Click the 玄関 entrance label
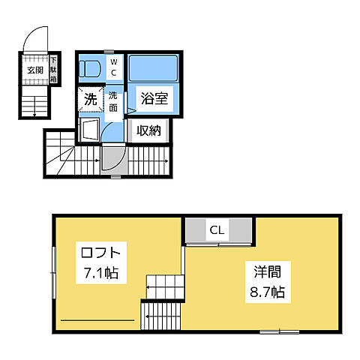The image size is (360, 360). (x=35, y=70)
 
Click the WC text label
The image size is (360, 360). (x=114, y=67)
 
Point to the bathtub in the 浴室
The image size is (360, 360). (x=152, y=68)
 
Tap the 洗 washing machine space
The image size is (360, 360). (x=90, y=98)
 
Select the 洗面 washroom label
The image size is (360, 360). (x=113, y=100)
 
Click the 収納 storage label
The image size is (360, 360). (x=148, y=130)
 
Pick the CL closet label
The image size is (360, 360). (x=217, y=229)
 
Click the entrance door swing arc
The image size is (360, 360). (x=36, y=37)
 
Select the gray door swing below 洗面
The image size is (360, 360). (x=110, y=157)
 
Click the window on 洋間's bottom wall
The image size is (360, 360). (x=280, y=331)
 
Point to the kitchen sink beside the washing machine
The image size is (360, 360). (x=88, y=130)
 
